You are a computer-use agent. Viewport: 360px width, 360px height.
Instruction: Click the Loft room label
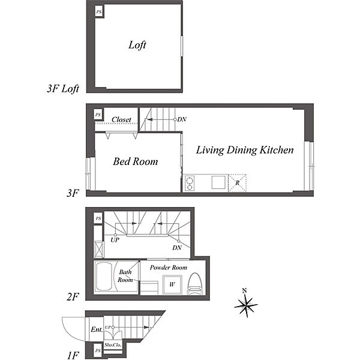(137, 45)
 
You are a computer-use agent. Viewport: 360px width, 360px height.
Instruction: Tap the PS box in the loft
(99, 12)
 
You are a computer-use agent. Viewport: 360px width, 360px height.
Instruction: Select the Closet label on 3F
(121, 119)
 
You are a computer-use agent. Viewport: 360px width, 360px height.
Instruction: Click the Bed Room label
(136, 161)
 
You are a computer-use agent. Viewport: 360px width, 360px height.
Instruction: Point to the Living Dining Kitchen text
(245, 150)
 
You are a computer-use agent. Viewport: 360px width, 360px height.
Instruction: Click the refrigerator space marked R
(238, 183)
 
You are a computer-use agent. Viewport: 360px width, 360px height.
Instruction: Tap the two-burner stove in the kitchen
(190, 183)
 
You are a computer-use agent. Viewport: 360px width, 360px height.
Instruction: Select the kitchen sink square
(219, 182)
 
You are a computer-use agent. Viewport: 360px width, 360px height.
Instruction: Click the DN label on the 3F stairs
(182, 119)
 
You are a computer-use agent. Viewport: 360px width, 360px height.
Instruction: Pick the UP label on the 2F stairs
(115, 240)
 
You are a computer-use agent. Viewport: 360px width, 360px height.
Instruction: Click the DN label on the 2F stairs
(177, 248)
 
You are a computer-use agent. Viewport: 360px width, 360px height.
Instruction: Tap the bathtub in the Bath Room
(104, 277)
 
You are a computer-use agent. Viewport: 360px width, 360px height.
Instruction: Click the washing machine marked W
(172, 284)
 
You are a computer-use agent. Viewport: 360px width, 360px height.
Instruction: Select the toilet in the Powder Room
(195, 284)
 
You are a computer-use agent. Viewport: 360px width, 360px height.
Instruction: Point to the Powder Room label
(168, 268)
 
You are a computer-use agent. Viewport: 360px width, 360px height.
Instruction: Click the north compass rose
(246, 305)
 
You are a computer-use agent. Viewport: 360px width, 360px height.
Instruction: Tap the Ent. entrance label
(97, 329)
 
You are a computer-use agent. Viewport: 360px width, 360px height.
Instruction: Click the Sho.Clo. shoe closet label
(113, 345)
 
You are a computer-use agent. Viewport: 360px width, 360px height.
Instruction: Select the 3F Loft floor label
(63, 89)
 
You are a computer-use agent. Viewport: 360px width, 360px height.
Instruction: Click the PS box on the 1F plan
(98, 350)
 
